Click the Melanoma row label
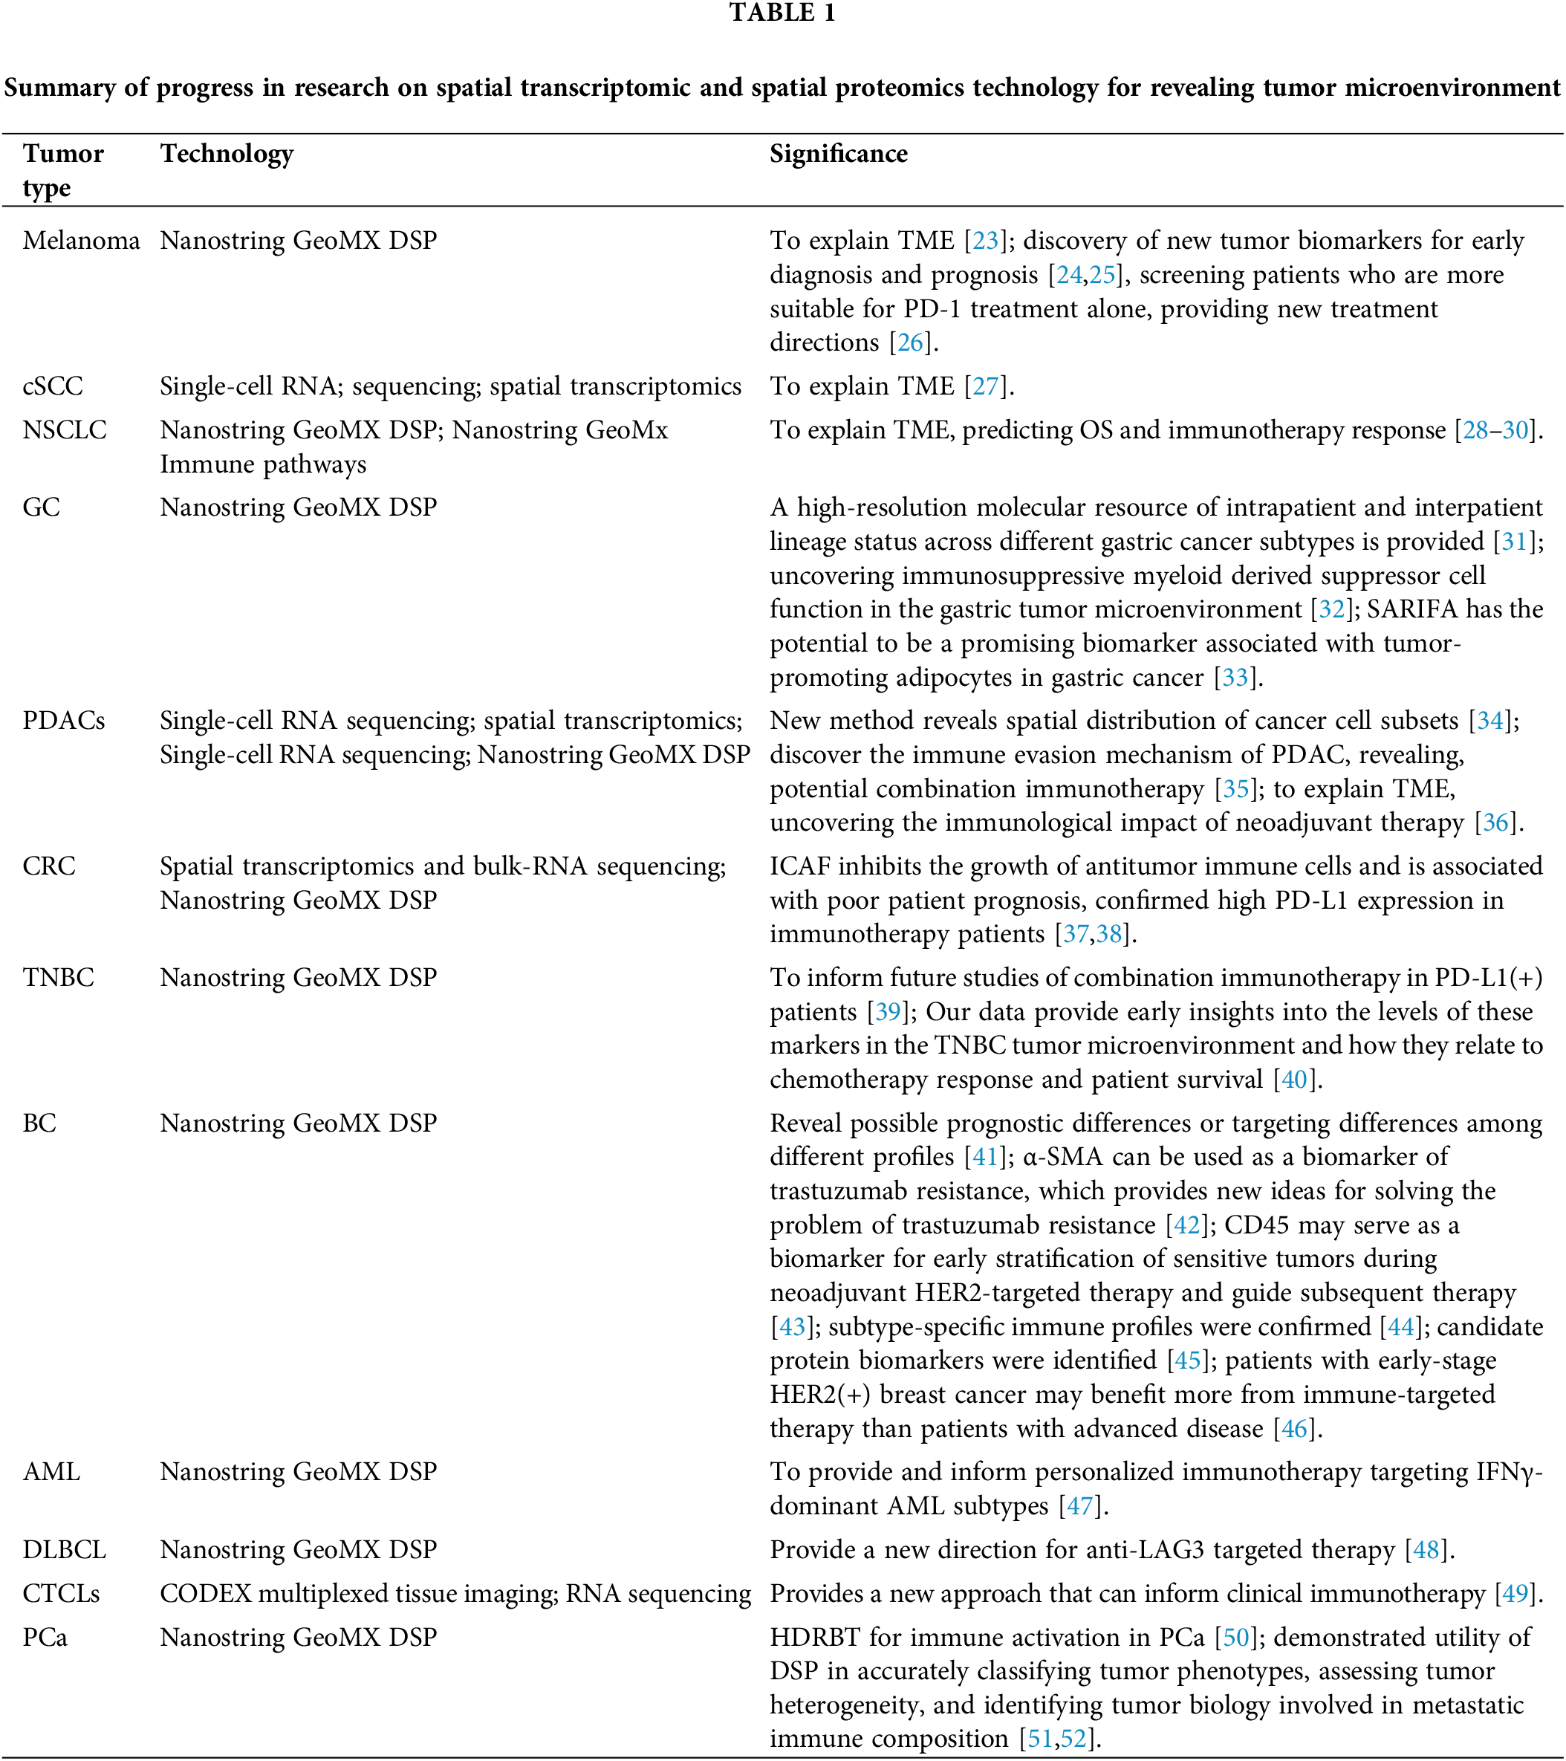click(81, 240)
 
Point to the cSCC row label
click(53, 386)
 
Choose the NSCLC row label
click(65, 430)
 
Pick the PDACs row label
click(64, 720)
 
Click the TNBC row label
click(59, 977)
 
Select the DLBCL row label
click(65, 1550)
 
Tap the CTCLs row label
click(61, 1594)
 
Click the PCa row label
click(45, 1637)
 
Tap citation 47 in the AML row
click(1079, 1506)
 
